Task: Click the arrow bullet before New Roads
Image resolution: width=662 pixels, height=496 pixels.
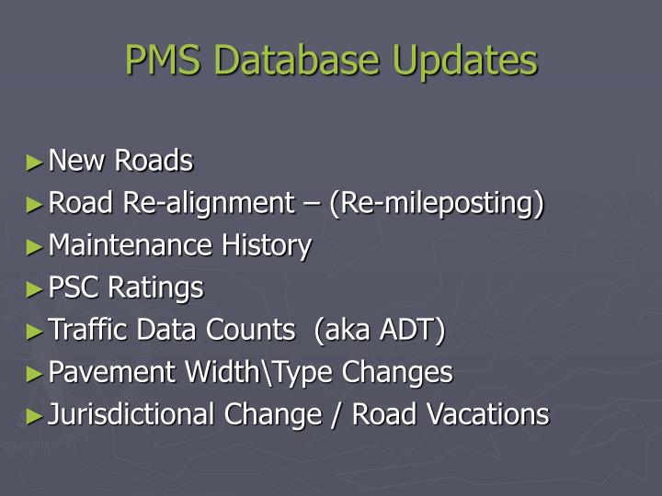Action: tap(35, 162)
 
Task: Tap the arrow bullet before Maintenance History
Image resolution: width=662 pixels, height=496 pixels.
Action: tap(35, 246)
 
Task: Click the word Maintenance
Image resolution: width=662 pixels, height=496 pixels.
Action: tap(131, 246)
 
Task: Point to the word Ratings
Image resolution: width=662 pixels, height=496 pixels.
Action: tap(156, 288)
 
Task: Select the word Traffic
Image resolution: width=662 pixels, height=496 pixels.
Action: tap(86, 331)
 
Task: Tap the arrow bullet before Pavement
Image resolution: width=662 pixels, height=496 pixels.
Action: tap(35, 373)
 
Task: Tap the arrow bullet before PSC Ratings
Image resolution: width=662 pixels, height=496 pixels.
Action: tap(35, 288)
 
